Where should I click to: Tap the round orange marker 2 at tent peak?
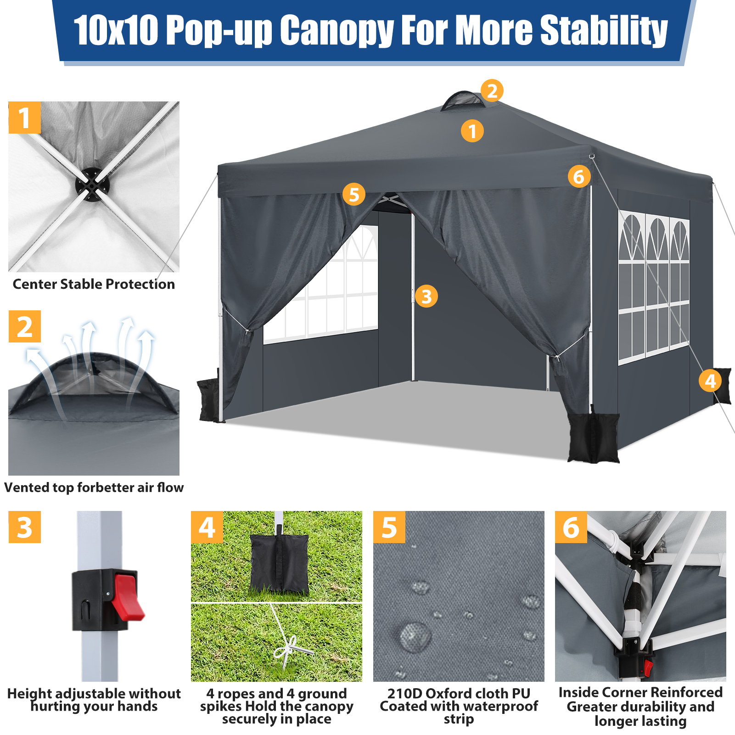[492, 90]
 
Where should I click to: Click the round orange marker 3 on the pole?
[426, 296]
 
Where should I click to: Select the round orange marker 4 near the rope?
[710, 381]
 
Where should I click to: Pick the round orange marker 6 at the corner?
[578, 176]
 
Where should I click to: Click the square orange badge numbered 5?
[389, 527]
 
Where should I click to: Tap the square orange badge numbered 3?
[25, 527]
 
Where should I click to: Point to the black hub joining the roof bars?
[92, 185]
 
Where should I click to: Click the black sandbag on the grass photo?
[279, 564]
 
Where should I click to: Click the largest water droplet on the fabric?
[415, 636]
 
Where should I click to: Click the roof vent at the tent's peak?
[463, 100]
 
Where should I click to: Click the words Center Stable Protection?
[94, 284]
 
